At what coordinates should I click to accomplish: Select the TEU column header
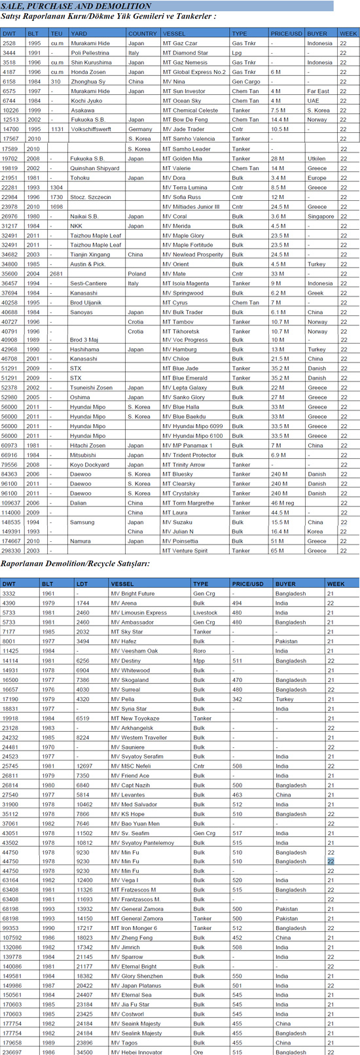57,33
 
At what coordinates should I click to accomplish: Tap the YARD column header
79,33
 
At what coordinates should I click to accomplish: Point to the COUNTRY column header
142,33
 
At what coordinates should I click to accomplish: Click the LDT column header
82,584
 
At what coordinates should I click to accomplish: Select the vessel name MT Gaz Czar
180,43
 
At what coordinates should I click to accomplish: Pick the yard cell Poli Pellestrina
90,53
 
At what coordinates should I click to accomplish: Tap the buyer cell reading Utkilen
317,159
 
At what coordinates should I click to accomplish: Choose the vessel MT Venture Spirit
188,551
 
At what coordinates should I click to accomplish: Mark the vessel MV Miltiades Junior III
191,207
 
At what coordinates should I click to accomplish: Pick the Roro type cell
199,651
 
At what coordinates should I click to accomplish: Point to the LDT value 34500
84,1052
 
